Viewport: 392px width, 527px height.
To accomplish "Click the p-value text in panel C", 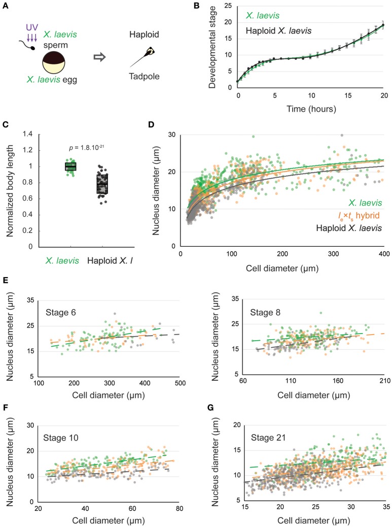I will (88, 149).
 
